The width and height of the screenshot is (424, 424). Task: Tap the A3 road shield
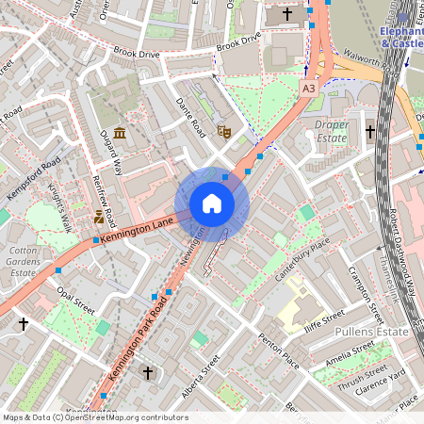tap(308, 88)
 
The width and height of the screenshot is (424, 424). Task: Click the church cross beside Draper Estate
tap(370, 131)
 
